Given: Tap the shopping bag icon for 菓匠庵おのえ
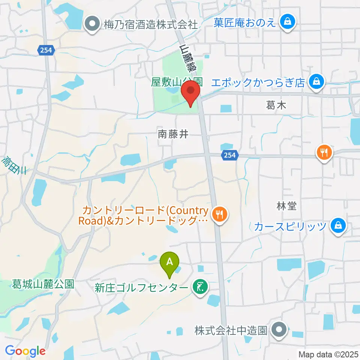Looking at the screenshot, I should click(x=288, y=22).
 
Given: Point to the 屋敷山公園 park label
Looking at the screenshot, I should click(x=177, y=82).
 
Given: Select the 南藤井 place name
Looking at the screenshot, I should click(x=173, y=134).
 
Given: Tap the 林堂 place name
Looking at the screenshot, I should click(x=287, y=206).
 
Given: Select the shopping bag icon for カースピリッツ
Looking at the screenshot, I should click(x=338, y=226).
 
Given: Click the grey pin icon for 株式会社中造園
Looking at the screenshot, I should click(x=279, y=330).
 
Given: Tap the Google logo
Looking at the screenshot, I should click(x=25, y=351).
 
